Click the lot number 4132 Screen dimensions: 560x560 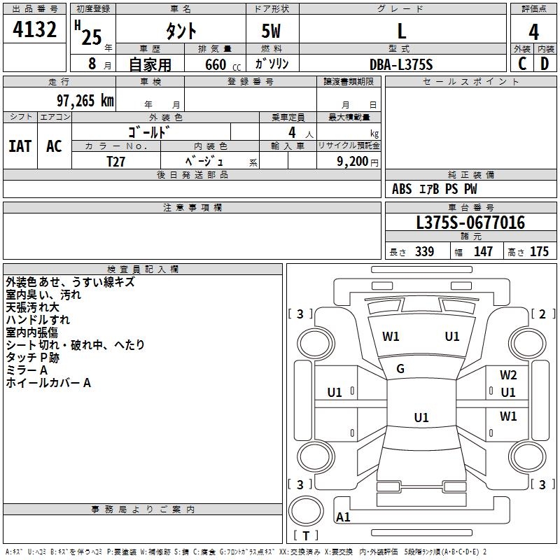35,30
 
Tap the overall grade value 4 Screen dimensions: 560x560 534,31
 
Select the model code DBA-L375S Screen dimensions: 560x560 402,64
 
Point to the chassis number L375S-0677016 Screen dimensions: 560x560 470,223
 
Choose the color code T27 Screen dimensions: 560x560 116,160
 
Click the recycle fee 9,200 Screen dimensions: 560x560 352,160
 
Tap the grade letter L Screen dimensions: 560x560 402,31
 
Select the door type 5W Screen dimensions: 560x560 272,31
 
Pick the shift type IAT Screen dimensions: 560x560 20,146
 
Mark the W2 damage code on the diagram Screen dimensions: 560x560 508,375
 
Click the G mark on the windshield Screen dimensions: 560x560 400,369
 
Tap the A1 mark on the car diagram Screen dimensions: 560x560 343,517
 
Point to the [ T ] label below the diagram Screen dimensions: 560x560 306,536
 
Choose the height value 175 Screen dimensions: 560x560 539,252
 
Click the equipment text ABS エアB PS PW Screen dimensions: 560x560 435,189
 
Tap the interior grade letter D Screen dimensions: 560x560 545,64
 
